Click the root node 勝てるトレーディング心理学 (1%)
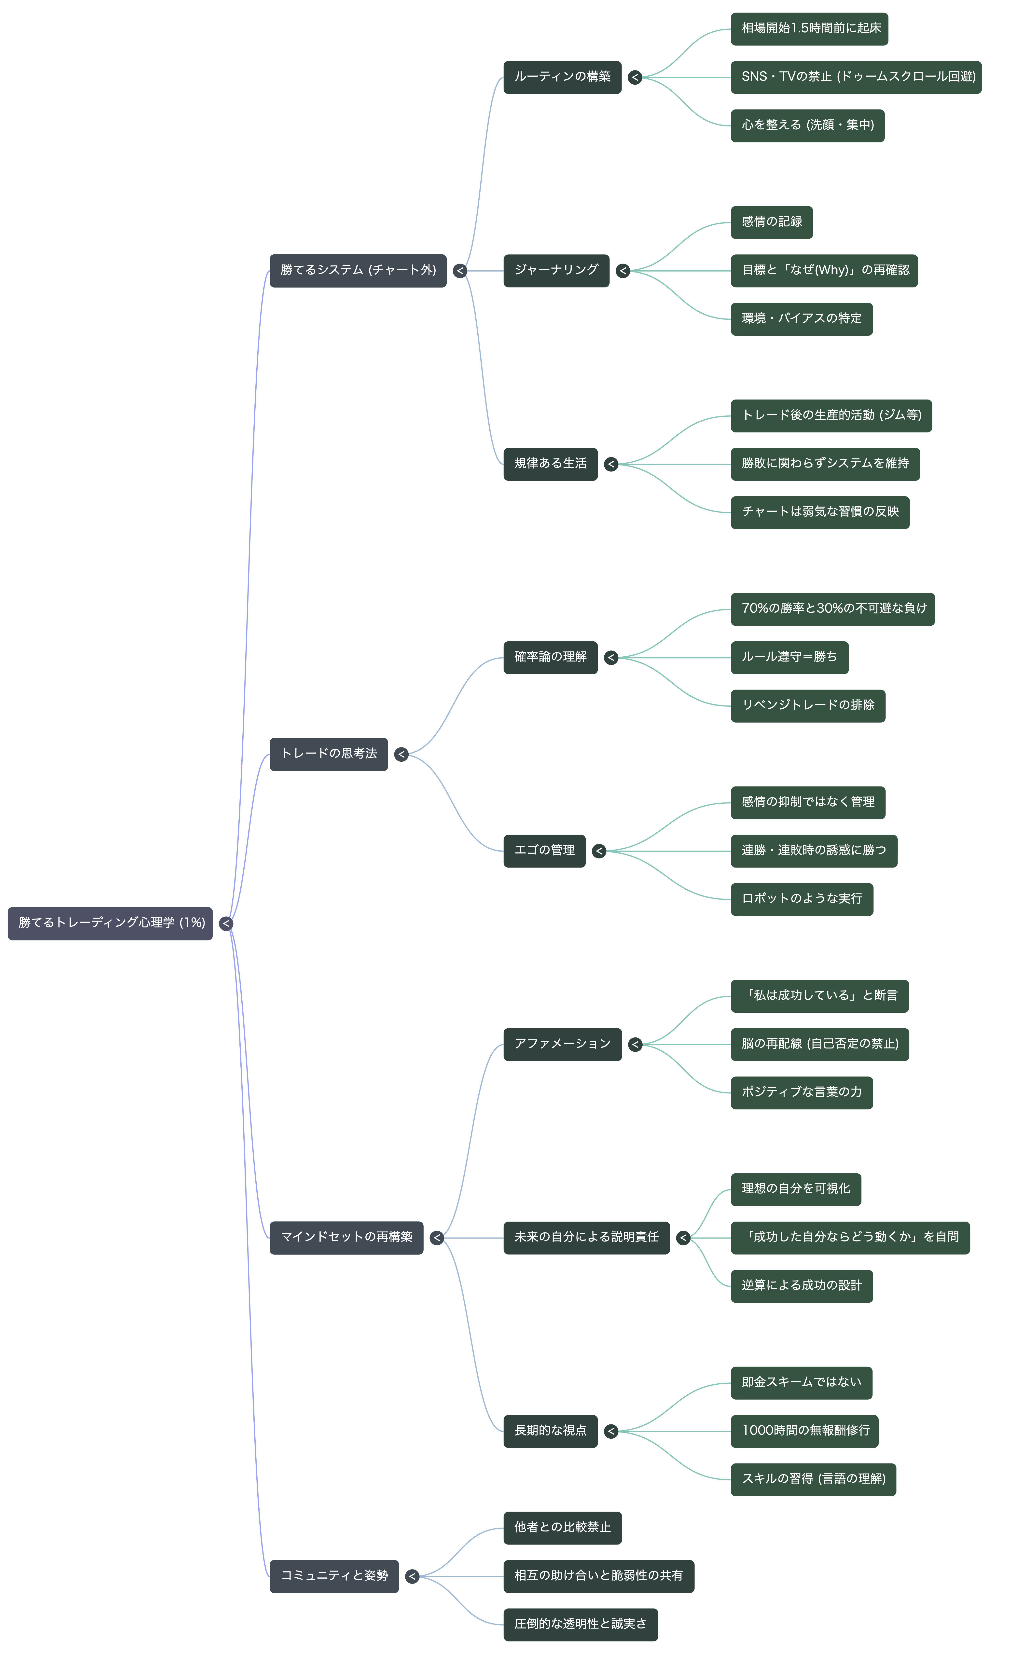110,923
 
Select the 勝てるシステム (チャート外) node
358,271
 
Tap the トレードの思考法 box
329,754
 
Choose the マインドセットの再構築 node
346,1237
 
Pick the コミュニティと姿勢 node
334,1575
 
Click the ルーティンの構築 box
562,77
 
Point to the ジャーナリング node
556,271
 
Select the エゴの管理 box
544,851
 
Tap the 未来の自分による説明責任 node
587,1237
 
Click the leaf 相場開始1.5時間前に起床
809,29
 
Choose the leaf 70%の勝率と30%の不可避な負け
833,609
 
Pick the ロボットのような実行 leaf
802,899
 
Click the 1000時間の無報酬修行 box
805,1431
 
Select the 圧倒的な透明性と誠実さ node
581,1624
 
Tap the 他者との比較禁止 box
562,1527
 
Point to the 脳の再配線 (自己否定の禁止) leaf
819,1044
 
